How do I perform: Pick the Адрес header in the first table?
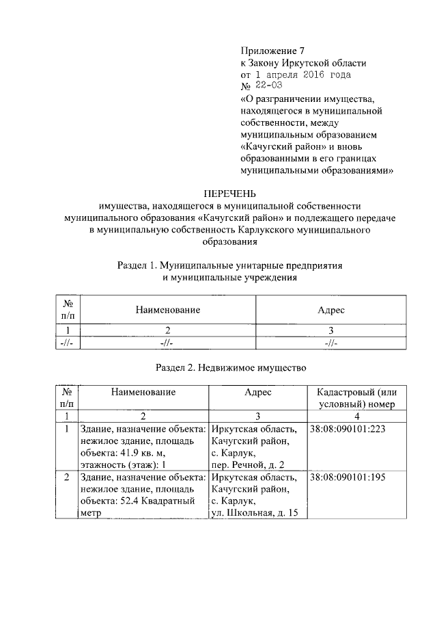331,310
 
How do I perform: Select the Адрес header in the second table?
258,392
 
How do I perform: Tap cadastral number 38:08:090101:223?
348,430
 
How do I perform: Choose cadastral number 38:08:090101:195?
348,477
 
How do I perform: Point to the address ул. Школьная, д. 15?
255,513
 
